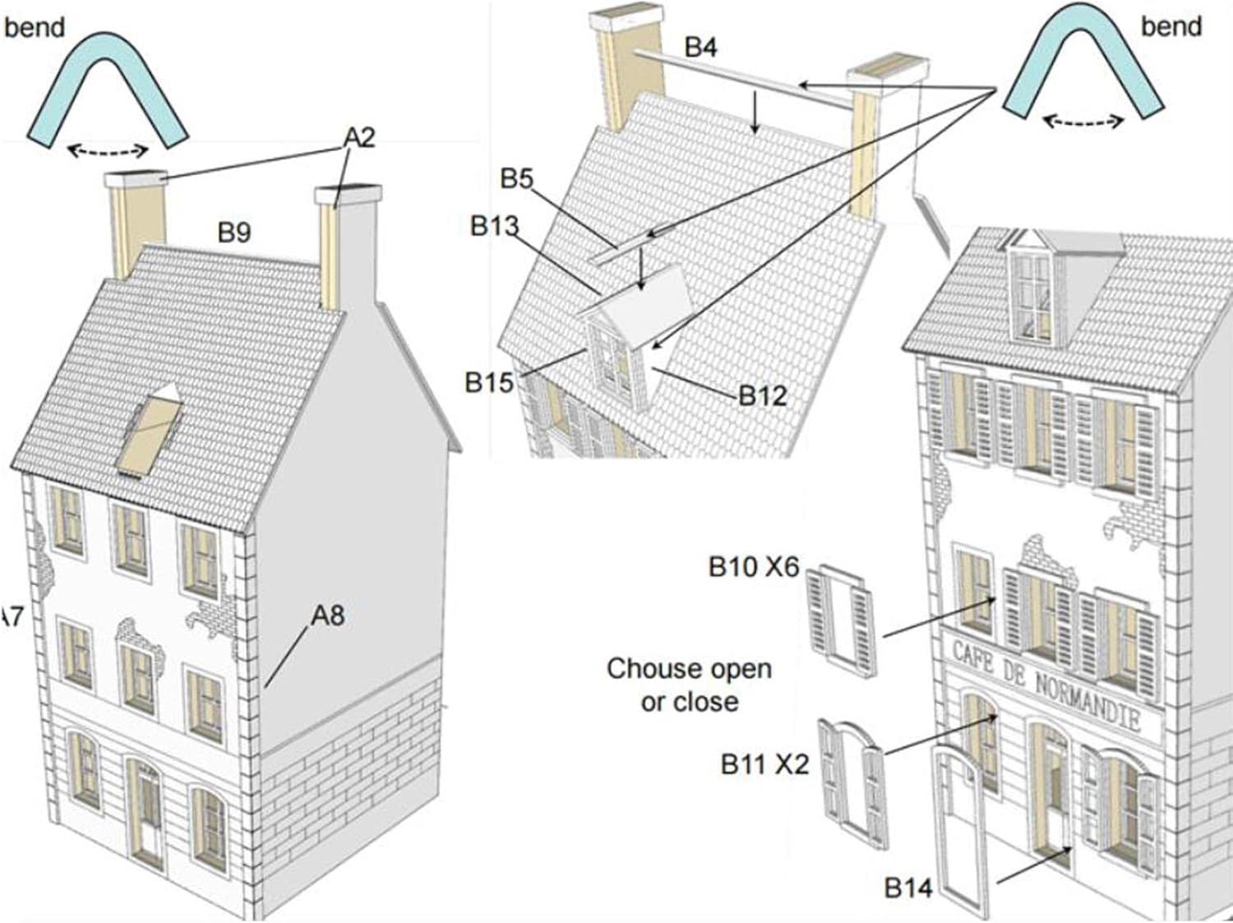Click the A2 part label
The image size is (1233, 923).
[358, 136]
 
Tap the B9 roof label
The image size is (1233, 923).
[233, 233]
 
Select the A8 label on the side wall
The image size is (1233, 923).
[327, 615]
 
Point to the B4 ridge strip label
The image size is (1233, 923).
[700, 48]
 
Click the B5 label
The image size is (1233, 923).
[516, 178]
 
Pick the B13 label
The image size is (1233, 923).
[494, 226]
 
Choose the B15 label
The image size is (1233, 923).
[488, 382]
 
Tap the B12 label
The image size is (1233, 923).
[762, 396]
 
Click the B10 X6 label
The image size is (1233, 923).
[753, 567]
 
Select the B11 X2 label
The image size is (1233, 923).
[764, 764]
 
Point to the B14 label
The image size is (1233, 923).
[907, 888]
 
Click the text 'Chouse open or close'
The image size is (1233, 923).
[689, 685]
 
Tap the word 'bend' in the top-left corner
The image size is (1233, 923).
[34, 28]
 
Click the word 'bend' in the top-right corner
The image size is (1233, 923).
[1171, 26]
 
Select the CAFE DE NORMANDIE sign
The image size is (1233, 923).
[1046, 684]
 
